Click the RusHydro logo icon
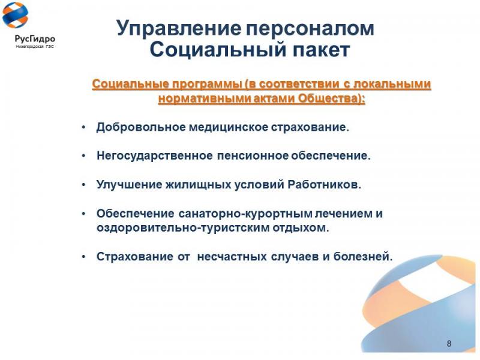coord(15,16)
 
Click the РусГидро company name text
coord(35,39)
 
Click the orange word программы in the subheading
coord(206,85)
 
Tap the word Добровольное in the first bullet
coord(141,127)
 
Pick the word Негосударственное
coord(155,156)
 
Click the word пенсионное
coord(253,156)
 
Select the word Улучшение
coord(130,185)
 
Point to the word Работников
coord(325,184)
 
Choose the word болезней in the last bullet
coord(363,257)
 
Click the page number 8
coord(449,343)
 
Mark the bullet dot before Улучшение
coord(83,185)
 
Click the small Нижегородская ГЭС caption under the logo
coord(35,47)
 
